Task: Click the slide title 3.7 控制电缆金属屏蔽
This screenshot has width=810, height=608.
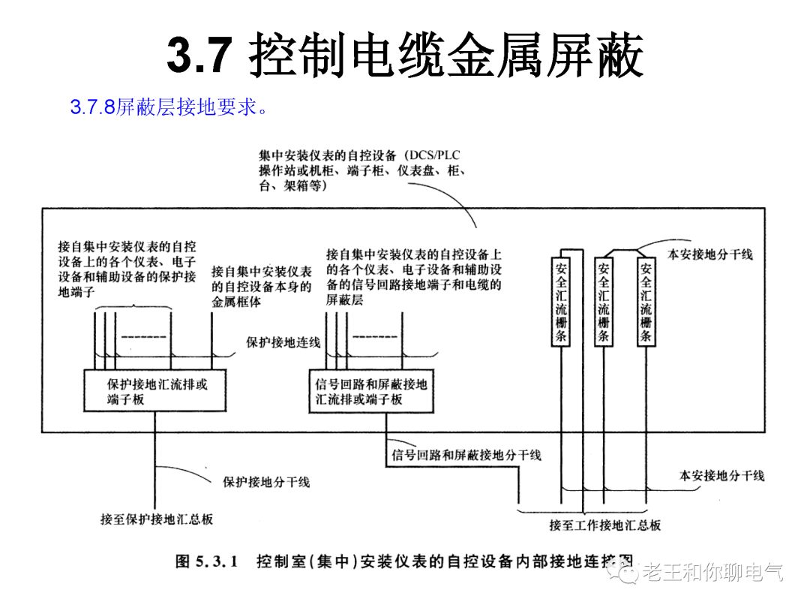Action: tap(405, 57)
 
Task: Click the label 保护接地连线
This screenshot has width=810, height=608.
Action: tap(283, 342)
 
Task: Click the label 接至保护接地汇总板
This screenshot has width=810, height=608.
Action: tap(156, 519)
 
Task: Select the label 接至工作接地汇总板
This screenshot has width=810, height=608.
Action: tap(604, 525)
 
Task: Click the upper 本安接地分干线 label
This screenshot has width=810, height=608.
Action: tap(709, 254)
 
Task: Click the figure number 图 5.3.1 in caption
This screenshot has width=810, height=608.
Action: tap(206, 562)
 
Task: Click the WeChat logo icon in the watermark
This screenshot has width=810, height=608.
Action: tap(624, 573)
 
